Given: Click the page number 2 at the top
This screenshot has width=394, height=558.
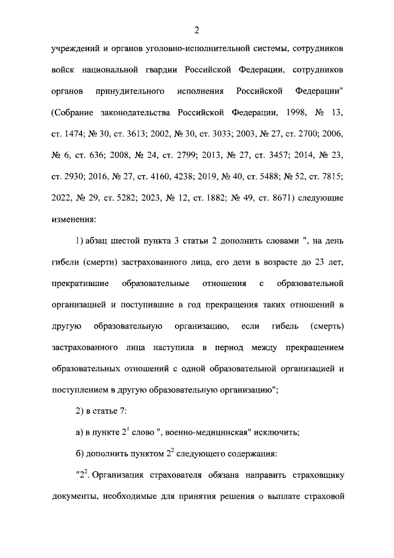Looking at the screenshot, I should pyautogui.click(x=197, y=29).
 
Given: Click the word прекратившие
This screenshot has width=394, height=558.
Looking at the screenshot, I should pyautogui.click(x=81, y=283).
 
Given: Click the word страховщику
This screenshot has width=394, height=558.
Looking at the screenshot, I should pyautogui.click(x=320, y=475).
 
